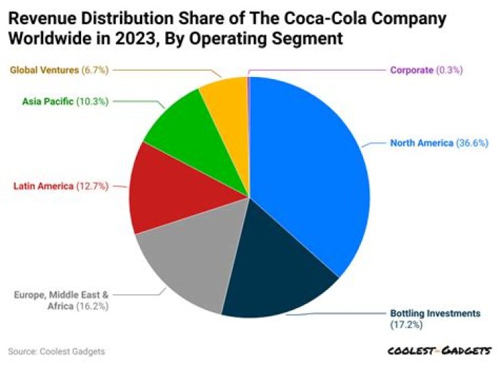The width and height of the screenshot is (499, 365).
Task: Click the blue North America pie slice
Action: [305, 167]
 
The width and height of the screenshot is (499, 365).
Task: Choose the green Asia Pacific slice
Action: [184, 128]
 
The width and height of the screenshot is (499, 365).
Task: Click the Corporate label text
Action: [413, 70]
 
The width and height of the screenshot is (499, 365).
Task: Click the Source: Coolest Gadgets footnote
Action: [57, 352]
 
